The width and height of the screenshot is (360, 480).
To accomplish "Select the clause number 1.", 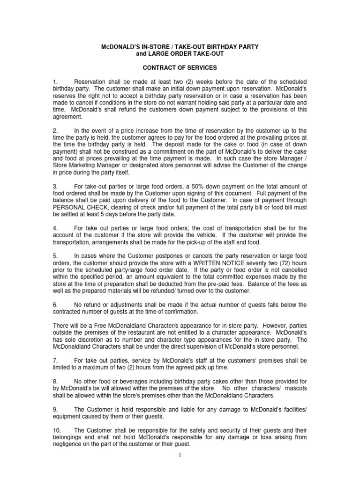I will (55, 83).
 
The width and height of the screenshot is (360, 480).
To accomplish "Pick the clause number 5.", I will (55, 256).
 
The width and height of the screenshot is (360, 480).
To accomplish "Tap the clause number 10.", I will (57, 430).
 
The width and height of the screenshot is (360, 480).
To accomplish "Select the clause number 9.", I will (55, 409).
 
